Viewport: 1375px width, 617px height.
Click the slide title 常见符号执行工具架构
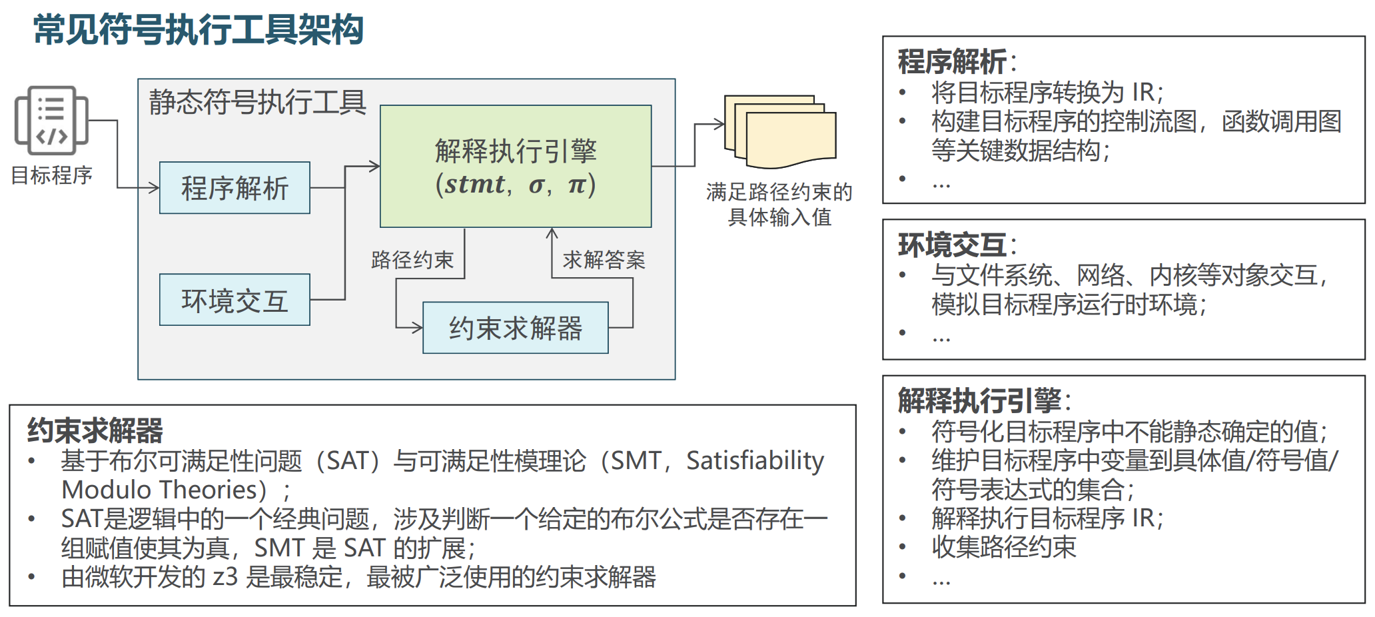[198, 30]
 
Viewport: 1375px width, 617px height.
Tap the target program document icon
[51, 121]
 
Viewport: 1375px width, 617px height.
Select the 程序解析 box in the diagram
[234, 188]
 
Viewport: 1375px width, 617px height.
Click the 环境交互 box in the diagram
[234, 300]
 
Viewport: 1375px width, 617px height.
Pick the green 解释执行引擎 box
[515, 167]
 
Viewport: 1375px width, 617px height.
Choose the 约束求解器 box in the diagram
[515, 328]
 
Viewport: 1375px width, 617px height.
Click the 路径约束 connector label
[412, 259]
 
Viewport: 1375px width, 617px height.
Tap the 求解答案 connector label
[604, 259]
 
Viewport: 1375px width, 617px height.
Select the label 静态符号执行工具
[257, 102]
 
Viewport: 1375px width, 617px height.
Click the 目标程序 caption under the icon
[51, 175]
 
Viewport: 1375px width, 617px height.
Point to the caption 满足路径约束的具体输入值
[779, 205]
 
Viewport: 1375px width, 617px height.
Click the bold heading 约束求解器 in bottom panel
[95, 430]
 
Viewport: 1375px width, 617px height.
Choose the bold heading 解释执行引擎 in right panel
[979, 401]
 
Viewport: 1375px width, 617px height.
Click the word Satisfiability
[755, 460]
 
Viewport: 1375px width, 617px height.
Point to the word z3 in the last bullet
[225, 577]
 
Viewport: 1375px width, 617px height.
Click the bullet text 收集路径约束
[1003, 547]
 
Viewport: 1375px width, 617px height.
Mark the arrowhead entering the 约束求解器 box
[418, 328]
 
